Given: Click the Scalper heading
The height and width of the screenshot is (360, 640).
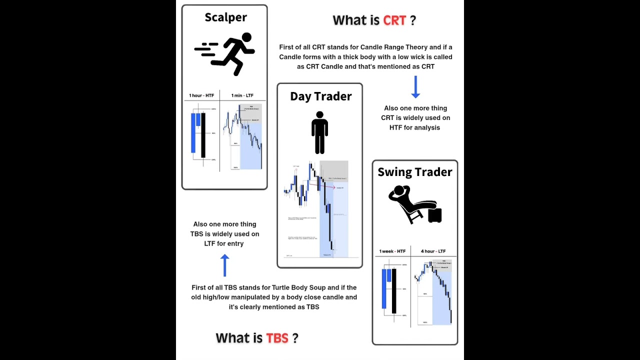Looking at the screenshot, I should coord(225,17).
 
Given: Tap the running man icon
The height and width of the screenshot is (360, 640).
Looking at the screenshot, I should coord(226,53).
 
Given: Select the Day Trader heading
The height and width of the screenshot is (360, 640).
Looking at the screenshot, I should coord(320,96).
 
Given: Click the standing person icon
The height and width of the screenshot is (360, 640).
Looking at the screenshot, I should coord(319,132).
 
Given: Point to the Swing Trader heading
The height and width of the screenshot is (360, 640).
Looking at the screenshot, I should coord(414,172).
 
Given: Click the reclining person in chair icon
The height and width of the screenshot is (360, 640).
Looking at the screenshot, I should coord(414,204).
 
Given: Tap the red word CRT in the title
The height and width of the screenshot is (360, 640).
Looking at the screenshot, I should coord(394,20).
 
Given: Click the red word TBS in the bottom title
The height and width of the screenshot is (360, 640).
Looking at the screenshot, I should coord(277,338).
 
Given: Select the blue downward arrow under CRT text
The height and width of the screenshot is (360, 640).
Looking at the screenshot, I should coord(415,87).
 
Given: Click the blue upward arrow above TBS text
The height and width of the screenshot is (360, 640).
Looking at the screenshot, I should coord(224,265).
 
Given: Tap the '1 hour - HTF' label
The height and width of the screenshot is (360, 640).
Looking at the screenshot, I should coord(201,95).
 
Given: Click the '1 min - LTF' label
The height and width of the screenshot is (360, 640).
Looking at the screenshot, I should coord(242,95).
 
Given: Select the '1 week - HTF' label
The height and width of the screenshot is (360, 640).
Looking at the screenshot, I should coord(392,251).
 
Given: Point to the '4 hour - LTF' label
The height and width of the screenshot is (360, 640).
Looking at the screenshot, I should coord(433,251).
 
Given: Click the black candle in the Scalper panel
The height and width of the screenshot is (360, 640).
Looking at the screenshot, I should coord(203,135).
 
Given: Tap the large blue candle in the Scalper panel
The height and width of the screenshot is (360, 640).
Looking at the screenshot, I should coord(193,133).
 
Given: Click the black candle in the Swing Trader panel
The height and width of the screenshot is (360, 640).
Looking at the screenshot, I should coord(393,291).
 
